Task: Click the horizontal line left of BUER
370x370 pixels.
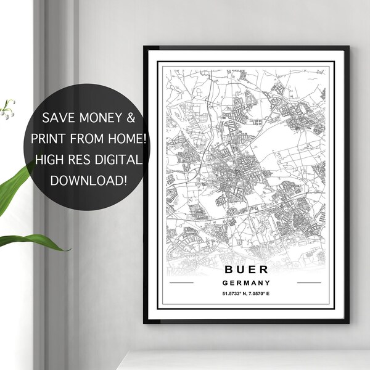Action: point(181,282)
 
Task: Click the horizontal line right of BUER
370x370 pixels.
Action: point(309,282)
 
